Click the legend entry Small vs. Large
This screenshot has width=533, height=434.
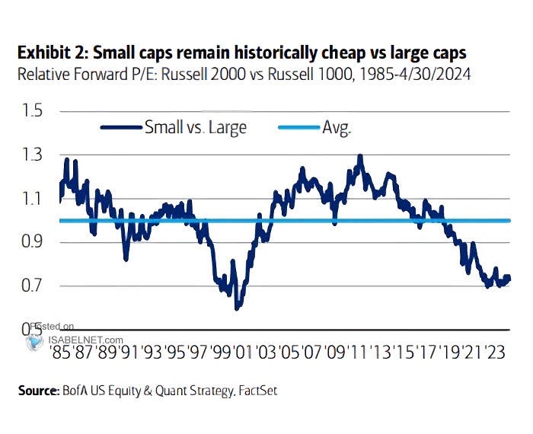(x=195, y=127)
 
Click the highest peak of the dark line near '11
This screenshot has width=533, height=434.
(x=359, y=156)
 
